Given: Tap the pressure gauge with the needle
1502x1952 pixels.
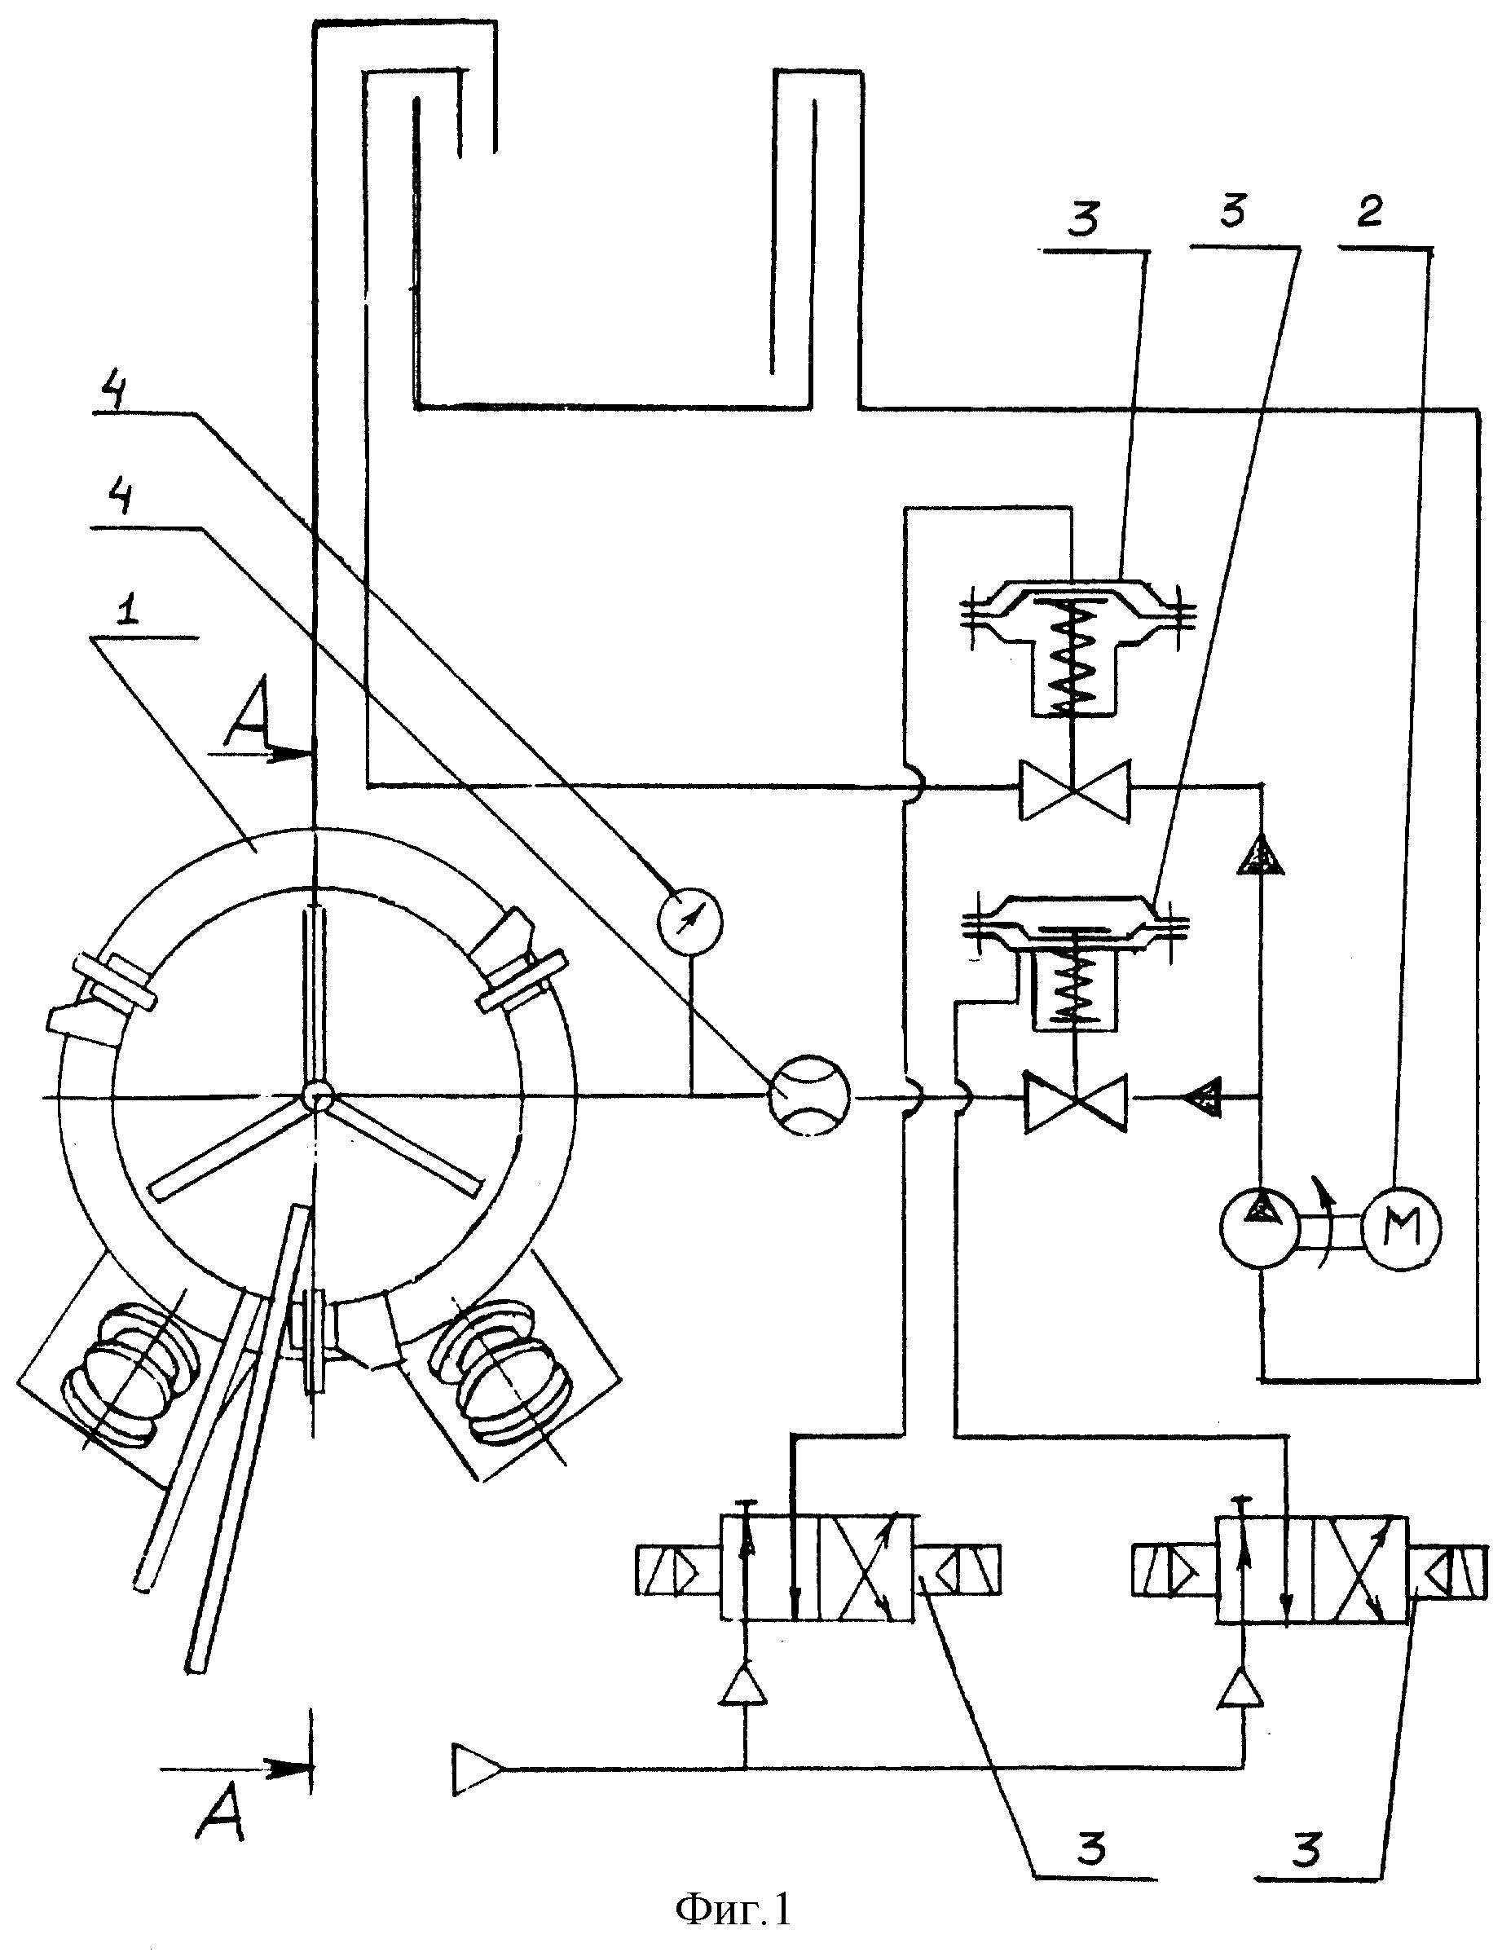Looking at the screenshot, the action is tap(689, 918).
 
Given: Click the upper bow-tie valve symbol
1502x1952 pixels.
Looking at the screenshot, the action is tap(1076, 788).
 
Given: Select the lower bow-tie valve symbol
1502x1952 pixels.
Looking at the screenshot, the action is tap(1077, 1103).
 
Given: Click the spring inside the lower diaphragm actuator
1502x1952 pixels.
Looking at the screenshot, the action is tap(1076, 981).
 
